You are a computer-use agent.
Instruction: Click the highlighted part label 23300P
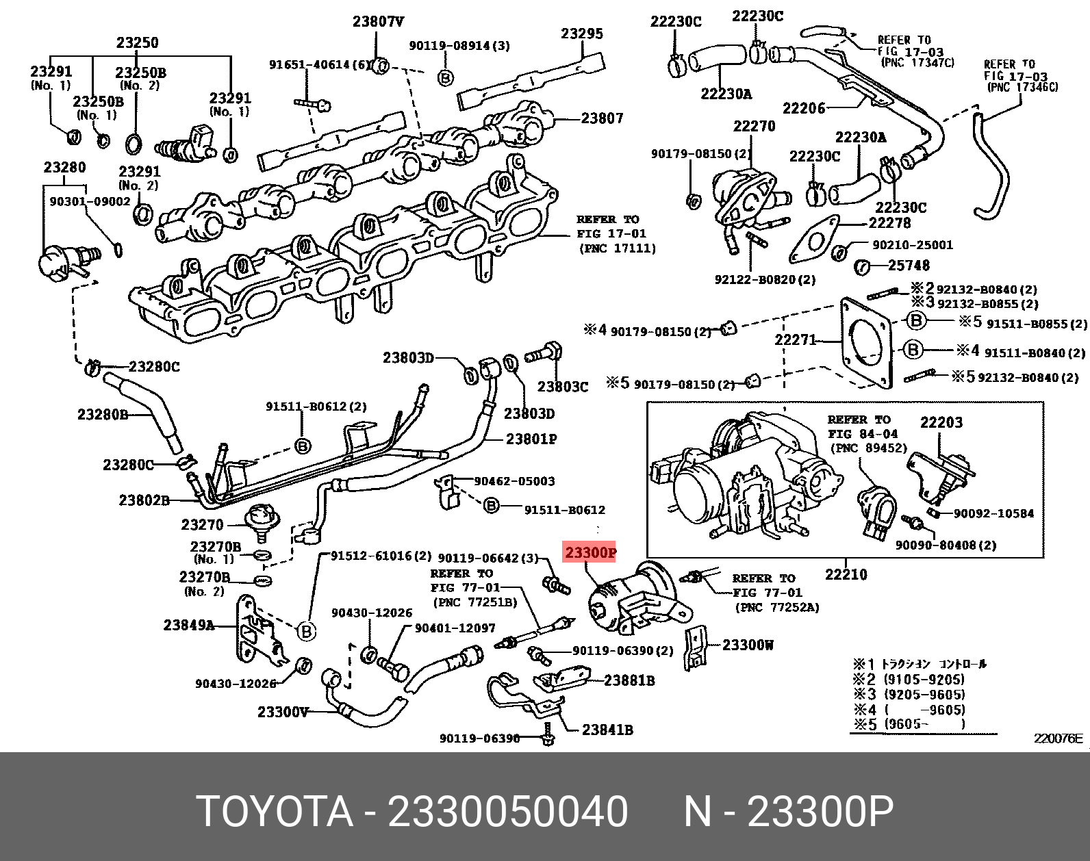[x=590, y=552]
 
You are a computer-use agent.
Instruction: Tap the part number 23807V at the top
[x=378, y=22]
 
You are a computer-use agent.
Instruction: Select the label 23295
[x=582, y=34]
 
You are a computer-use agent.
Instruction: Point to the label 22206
[x=804, y=108]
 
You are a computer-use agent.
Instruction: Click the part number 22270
[x=754, y=126]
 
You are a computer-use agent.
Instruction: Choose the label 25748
[x=909, y=265]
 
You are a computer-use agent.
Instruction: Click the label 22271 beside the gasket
[x=795, y=339]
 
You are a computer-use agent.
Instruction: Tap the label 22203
[x=941, y=422]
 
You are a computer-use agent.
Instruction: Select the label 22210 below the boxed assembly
[x=846, y=574]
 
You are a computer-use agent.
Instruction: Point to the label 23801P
[x=531, y=439]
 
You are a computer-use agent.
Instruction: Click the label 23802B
[x=144, y=500]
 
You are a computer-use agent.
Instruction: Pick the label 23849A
[x=188, y=625]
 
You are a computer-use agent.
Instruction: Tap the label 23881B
[x=629, y=680]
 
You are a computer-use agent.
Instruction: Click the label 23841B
[x=607, y=730]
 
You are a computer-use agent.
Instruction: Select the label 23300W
[x=748, y=645]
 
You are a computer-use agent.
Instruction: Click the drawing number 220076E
[x=1058, y=738]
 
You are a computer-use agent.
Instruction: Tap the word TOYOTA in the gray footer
[x=275, y=812]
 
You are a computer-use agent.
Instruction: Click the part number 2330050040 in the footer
[x=507, y=812]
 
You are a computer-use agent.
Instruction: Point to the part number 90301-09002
[x=90, y=201]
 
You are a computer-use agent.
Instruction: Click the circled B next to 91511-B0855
[x=916, y=320]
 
